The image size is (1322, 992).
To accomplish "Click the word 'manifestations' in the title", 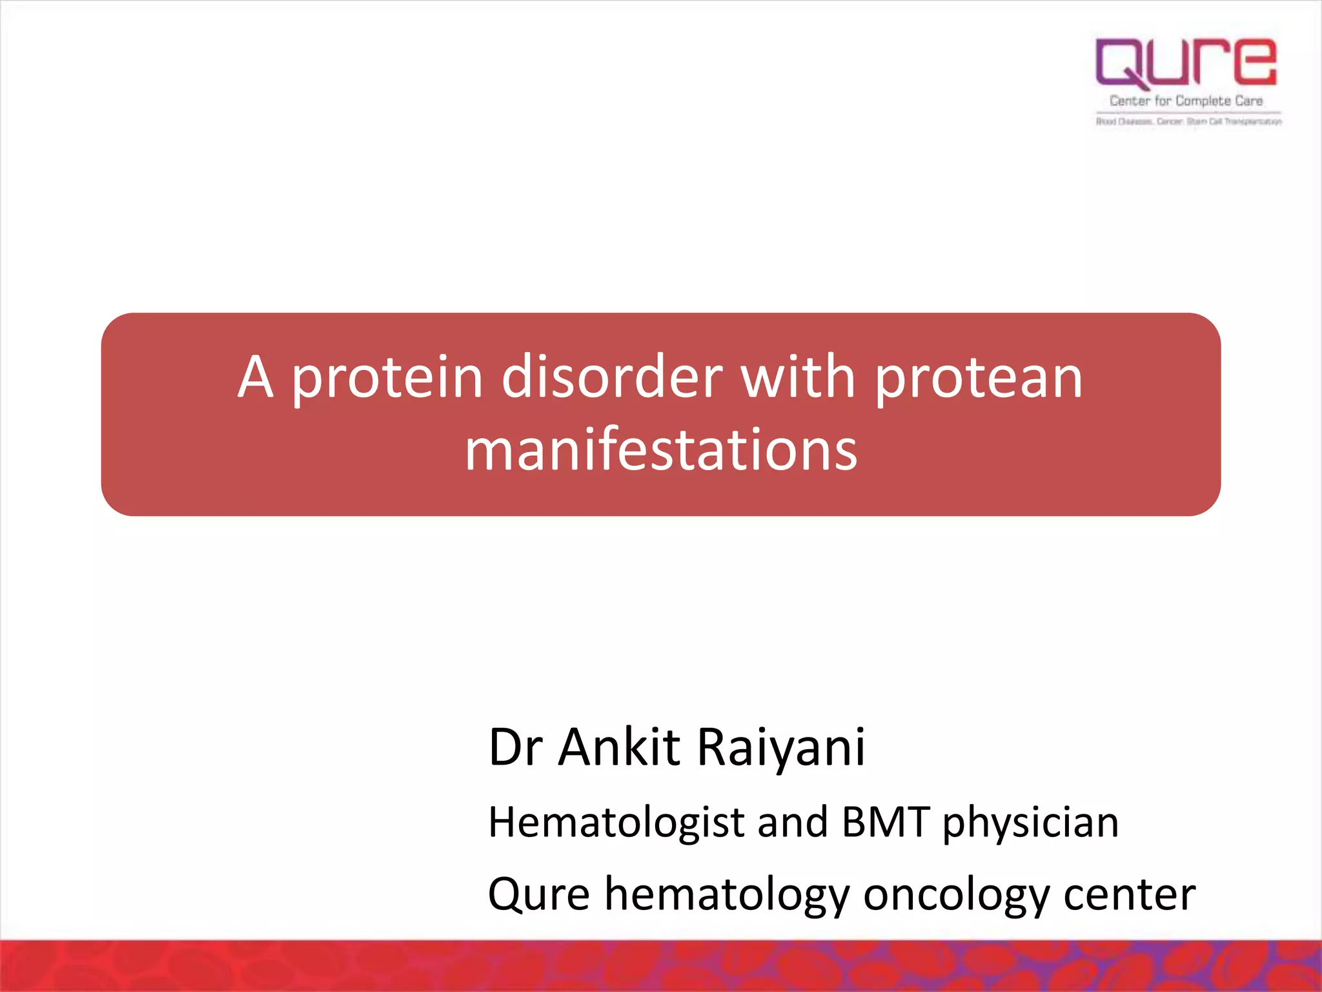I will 661,450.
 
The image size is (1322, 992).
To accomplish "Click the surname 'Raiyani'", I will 781,747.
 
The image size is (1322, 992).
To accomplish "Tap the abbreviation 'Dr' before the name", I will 515,747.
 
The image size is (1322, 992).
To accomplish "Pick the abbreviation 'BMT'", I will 886,823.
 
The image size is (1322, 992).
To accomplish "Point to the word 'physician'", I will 1030,823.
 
